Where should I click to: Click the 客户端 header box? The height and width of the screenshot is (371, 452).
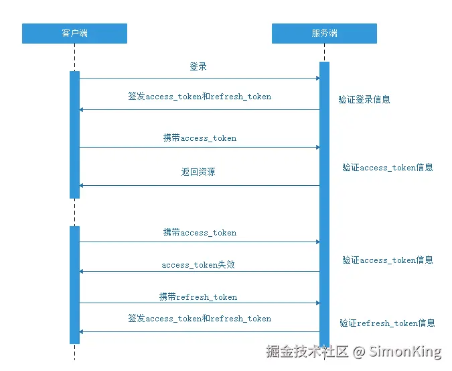pos(74,34)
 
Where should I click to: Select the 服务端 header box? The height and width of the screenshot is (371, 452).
pos(324,34)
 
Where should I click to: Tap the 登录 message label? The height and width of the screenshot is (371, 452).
pos(198,67)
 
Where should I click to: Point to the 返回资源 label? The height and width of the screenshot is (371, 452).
pos(198,172)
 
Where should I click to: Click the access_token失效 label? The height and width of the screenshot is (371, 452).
pos(198,265)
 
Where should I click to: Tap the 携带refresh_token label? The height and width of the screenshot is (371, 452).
pos(198,297)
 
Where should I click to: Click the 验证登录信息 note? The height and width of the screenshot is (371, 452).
pos(364,100)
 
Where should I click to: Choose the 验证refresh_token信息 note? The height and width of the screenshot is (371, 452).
pos(387,323)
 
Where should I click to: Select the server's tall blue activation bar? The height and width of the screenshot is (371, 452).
pos(324,201)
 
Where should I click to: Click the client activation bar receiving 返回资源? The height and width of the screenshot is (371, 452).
pos(74,134)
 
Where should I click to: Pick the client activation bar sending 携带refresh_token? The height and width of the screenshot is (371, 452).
pos(74,285)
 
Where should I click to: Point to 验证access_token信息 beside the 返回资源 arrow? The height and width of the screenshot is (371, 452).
pos(388,168)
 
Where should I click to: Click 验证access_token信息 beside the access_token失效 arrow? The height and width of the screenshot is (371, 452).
pos(388,260)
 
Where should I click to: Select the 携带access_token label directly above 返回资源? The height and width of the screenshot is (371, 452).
pos(200,138)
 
